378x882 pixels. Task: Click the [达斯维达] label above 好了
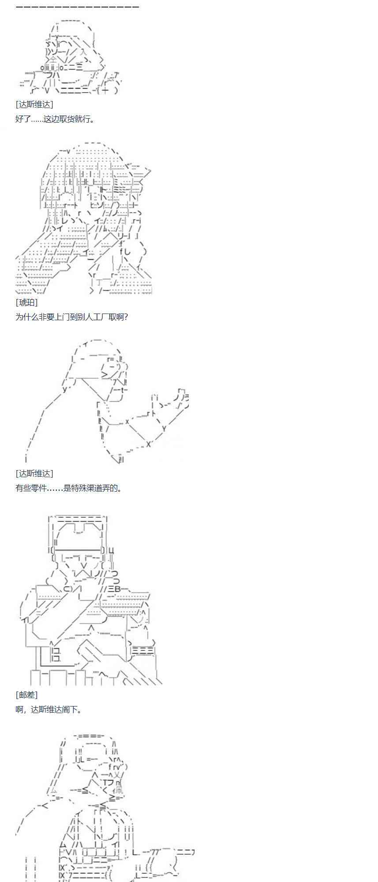coord(34,105)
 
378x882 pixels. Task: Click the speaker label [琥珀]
coord(26,303)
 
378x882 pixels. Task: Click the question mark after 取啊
coord(126,317)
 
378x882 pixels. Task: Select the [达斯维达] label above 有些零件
coord(34,473)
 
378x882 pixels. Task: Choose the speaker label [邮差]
coord(26,695)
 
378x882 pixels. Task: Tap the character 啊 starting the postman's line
coord(19,709)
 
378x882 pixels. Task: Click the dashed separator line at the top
coord(78,7)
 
